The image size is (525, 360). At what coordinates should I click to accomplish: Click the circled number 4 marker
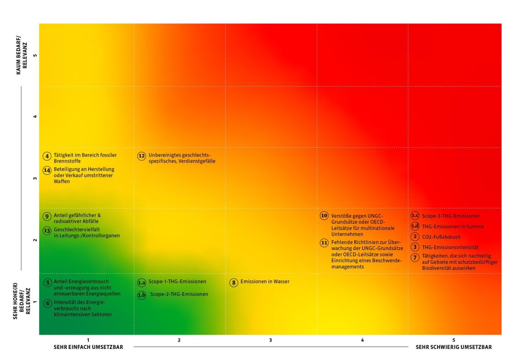47,156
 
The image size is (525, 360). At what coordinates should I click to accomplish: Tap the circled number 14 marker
47,170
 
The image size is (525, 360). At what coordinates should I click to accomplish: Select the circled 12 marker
142,156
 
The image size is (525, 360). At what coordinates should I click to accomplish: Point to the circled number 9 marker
47,216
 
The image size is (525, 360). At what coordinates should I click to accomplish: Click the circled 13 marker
47,231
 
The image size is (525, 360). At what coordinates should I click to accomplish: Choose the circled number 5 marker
47,283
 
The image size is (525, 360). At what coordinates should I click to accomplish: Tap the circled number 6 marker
47,303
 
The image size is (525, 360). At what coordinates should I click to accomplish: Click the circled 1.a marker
142,282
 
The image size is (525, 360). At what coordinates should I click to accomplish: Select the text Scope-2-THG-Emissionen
179,294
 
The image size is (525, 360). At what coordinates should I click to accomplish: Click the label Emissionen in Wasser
265,282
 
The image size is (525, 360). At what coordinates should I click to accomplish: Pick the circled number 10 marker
324,216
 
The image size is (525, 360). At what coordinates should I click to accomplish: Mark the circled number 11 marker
324,243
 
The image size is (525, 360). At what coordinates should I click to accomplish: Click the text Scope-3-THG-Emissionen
451,216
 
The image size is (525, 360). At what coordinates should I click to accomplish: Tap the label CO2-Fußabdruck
441,237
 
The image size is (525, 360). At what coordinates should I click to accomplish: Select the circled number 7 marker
415,257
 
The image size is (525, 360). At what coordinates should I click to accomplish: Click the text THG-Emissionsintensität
450,247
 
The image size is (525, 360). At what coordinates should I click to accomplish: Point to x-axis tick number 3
271,340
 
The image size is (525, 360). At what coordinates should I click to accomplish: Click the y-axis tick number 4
35,117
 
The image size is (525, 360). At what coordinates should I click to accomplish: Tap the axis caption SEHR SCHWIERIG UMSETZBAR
454,347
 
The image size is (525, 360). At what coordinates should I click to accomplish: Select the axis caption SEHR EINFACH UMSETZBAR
88,347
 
